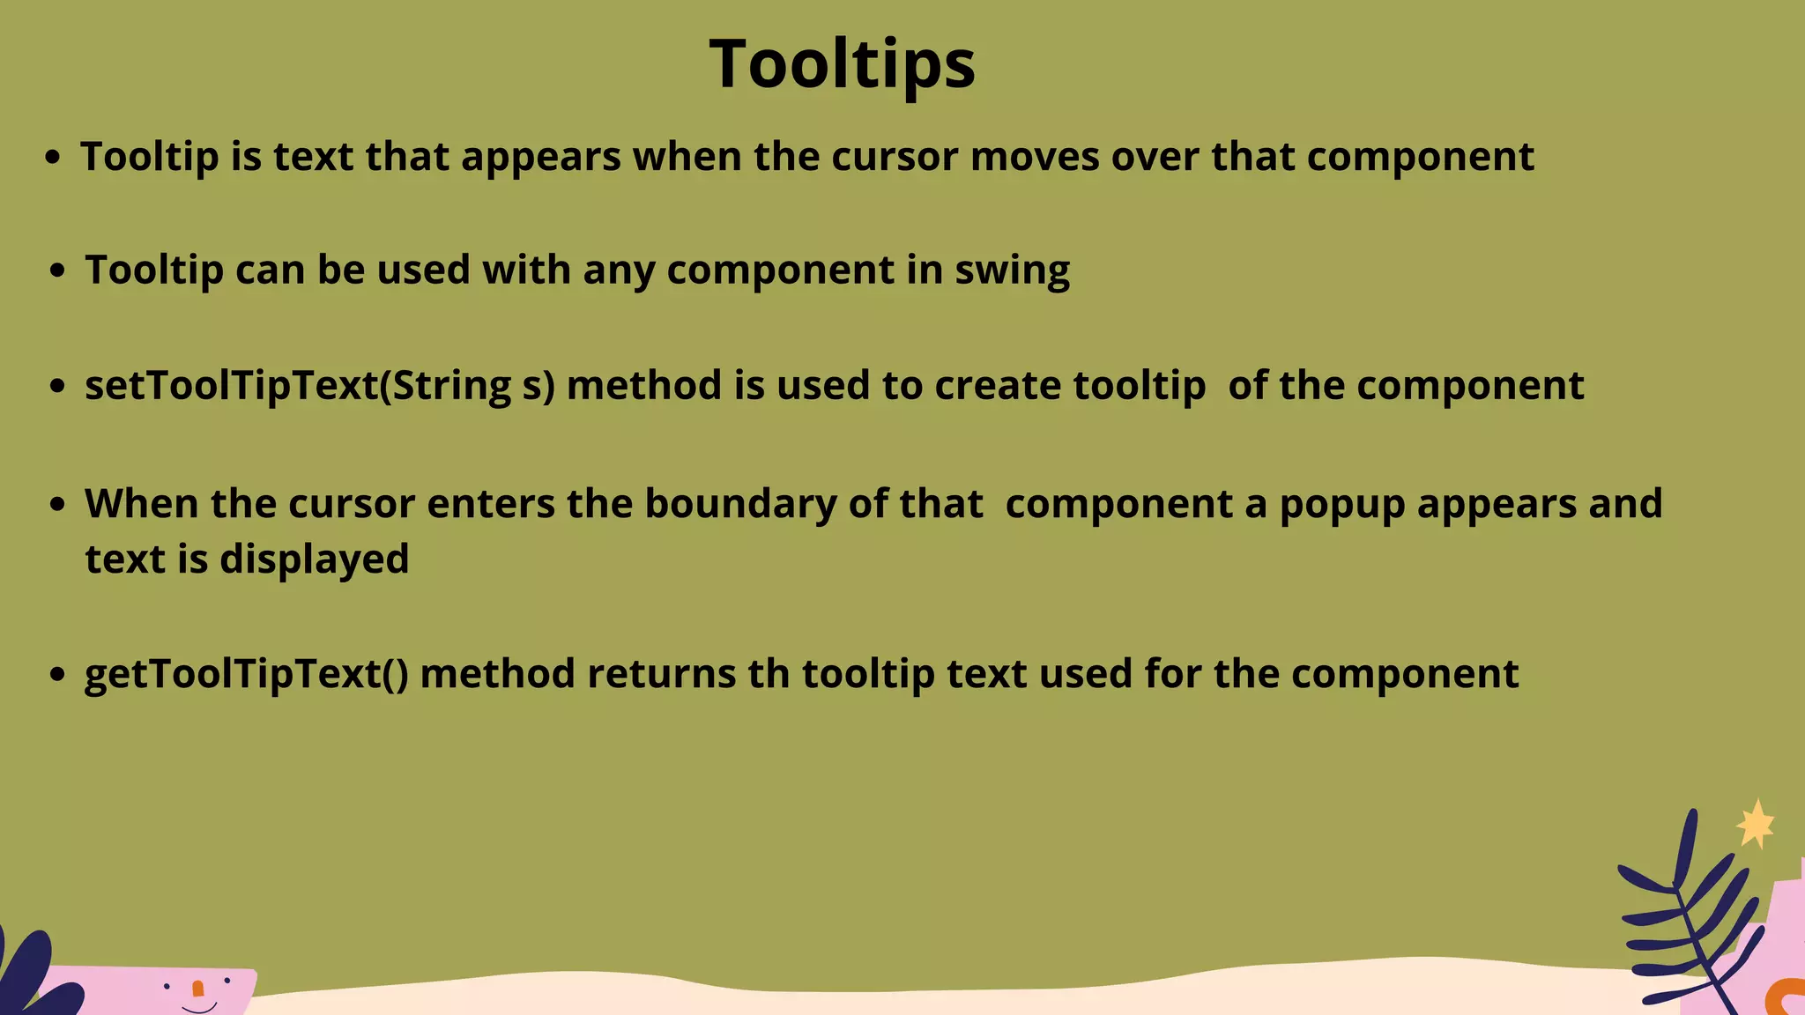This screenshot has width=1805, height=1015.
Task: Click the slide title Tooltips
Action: click(x=842, y=64)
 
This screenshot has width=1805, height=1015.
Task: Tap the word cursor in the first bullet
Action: click(x=895, y=157)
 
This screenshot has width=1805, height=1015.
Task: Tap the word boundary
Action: click(x=741, y=504)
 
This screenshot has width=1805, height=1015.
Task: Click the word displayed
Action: click(x=315, y=559)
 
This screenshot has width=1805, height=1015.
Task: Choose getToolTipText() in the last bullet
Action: click(x=247, y=675)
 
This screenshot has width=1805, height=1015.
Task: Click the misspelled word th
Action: click(x=769, y=674)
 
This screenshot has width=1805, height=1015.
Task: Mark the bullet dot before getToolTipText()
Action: click(x=58, y=675)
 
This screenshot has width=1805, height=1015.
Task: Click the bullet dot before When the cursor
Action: click(x=58, y=505)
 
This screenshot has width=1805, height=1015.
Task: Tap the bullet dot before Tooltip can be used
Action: click(x=58, y=270)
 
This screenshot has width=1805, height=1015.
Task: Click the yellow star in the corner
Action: click(x=1756, y=825)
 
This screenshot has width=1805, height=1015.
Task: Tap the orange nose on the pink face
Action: click(x=197, y=989)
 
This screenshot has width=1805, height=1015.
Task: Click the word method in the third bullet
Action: click(x=644, y=386)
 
